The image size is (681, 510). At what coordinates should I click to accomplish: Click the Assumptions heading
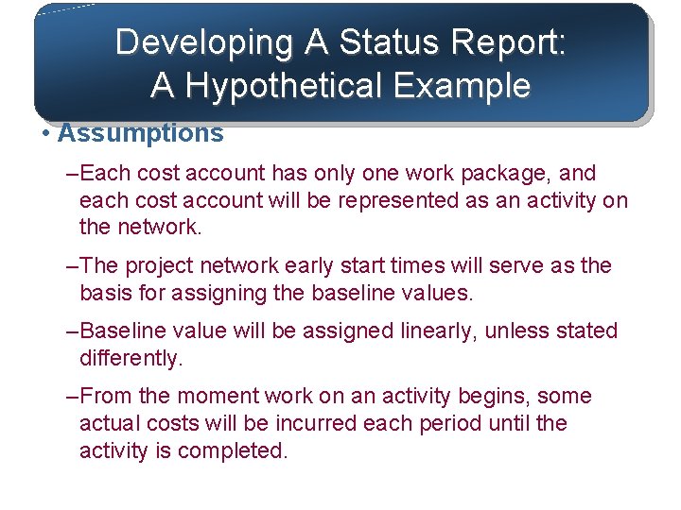pyautogui.click(x=141, y=133)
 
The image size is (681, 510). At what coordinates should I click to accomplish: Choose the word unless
pyautogui.click(x=521, y=331)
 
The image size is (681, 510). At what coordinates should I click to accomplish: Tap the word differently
pyautogui.click(x=130, y=359)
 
